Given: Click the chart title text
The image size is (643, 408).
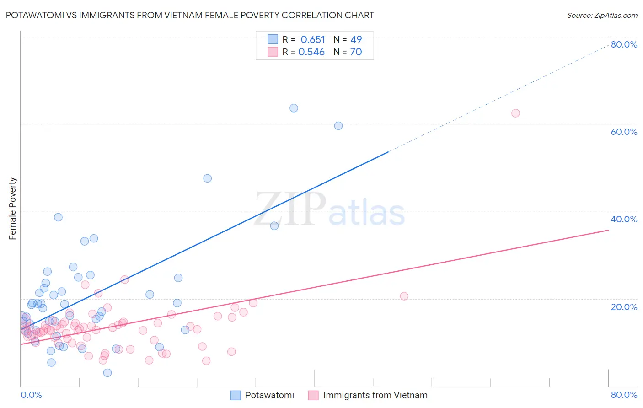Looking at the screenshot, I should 190,15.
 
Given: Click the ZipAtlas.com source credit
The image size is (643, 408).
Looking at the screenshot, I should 602,15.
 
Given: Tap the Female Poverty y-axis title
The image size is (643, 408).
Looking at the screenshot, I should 13,209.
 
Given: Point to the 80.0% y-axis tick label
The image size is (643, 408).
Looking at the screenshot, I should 624,44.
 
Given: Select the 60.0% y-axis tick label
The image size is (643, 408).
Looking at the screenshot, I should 624,132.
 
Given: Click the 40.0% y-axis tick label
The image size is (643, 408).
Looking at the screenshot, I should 624,219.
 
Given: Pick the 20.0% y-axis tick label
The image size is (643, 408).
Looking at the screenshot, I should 624,307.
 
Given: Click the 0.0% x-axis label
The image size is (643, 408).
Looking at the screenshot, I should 31,395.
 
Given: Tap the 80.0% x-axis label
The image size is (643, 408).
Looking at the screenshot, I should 624,395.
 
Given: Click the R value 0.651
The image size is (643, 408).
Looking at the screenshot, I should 313,40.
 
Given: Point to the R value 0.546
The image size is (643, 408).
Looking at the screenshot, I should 311,52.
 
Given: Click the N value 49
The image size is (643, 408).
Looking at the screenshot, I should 356,40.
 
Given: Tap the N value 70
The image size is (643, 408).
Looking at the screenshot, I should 356,52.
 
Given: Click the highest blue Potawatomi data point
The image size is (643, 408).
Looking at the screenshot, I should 294,108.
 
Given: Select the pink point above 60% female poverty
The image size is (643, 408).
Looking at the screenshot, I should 515,113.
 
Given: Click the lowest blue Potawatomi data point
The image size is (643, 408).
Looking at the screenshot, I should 107,373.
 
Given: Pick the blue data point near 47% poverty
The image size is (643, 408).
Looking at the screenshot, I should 208,178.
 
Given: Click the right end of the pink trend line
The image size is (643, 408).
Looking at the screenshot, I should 608,230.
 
